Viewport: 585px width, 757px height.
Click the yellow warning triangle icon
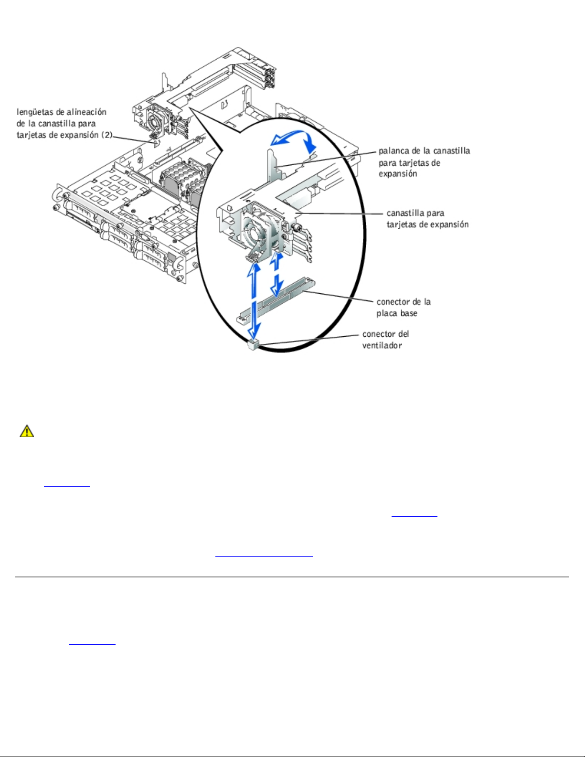click(27, 431)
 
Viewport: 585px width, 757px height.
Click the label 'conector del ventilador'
click(385, 340)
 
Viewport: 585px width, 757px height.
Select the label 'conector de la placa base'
click(404, 307)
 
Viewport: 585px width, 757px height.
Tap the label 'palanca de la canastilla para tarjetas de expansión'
click(424, 162)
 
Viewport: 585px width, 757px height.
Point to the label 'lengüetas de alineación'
click(62, 112)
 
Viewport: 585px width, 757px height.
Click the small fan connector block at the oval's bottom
click(253, 345)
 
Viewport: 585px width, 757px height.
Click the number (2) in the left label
click(107, 135)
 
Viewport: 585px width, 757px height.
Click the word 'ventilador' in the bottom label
click(382, 346)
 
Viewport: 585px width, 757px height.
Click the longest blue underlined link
click(264, 556)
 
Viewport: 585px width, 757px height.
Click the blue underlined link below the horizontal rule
click(92, 644)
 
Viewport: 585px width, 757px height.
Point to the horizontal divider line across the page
click(292, 576)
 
